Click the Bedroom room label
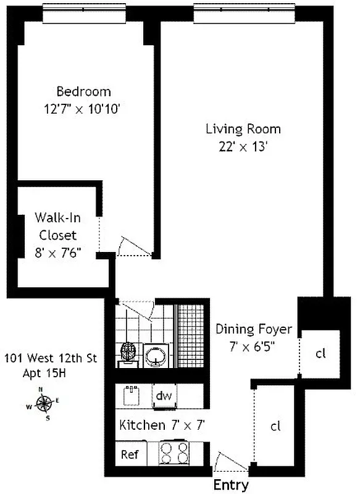pos(83,92)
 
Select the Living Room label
pos(243,129)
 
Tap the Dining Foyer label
pos(253,329)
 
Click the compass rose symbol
pos(44,404)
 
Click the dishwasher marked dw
pos(163,395)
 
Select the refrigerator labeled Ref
pos(129,455)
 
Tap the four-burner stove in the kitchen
pos(175,453)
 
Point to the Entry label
pos(231,485)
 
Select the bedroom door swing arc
pos(133,246)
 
